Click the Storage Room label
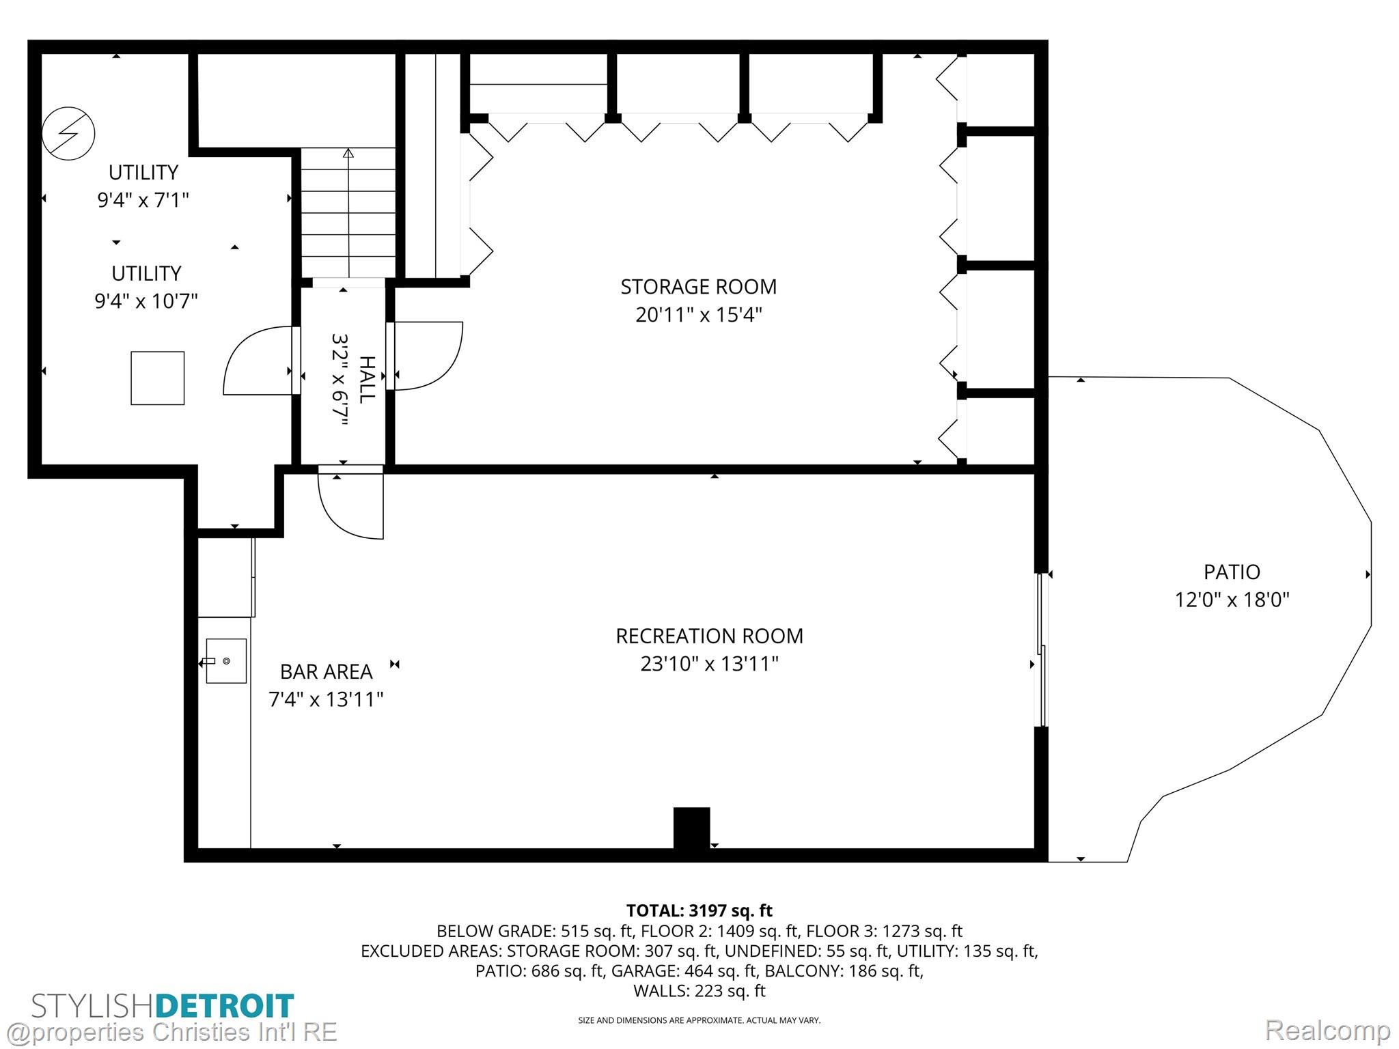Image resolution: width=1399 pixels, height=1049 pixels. pos(698,287)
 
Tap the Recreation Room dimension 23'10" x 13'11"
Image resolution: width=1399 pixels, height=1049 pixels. pos(709,664)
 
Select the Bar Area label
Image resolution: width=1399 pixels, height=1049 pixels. pos(327,672)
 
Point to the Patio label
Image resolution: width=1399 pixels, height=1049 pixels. pos(1232,572)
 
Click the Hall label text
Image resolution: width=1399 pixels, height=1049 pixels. pos(368,380)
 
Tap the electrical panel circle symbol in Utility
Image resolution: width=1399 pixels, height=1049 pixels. pos(68,134)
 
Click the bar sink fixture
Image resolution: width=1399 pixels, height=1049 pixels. pos(225,661)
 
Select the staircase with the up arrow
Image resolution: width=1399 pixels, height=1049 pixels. pos(348,212)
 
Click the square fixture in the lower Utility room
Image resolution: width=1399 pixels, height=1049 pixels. pos(158,378)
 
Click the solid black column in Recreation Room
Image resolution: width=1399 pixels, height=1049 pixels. pos(692,828)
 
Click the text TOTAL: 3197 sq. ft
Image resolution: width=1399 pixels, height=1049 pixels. pos(699,910)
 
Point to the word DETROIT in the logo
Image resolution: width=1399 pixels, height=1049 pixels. pos(225,1006)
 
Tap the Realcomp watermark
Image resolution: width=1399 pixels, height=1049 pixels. pos(1327,1031)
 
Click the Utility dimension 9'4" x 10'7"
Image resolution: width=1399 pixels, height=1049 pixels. pos(146,301)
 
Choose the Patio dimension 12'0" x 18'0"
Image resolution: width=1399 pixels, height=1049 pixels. pos(1232,600)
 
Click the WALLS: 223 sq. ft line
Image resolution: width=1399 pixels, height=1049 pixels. pos(699,991)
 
